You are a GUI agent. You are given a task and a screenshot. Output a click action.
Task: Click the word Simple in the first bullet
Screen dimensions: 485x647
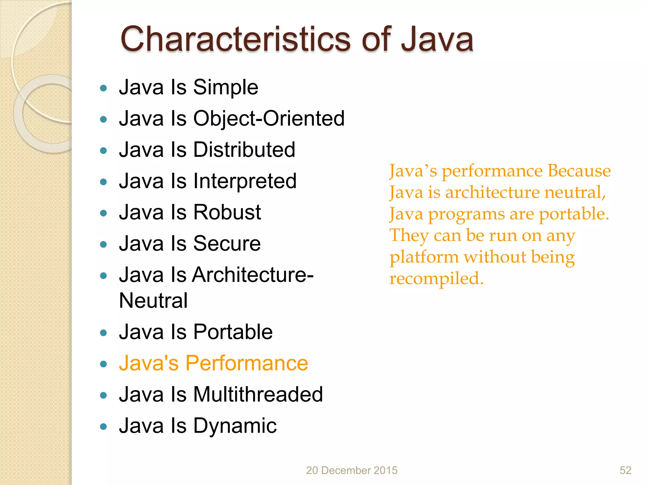(x=226, y=87)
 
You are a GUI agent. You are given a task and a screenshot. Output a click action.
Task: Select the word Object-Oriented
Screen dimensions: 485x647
(x=269, y=118)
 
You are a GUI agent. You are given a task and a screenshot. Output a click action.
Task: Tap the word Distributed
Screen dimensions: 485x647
(x=244, y=150)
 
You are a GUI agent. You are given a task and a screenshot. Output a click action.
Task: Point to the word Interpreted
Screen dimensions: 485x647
(x=245, y=181)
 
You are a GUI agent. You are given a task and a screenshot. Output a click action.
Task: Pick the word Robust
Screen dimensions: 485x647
(x=227, y=212)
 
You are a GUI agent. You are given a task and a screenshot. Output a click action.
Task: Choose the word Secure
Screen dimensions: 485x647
(x=227, y=243)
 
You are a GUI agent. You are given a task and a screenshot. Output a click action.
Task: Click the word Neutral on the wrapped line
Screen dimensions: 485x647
(x=153, y=300)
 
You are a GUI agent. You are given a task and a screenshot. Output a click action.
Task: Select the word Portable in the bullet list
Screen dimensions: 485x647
(x=233, y=332)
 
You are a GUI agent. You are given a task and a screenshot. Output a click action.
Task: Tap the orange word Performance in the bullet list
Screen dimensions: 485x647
(x=246, y=363)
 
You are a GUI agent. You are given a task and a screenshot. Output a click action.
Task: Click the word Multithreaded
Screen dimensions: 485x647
(x=258, y=394)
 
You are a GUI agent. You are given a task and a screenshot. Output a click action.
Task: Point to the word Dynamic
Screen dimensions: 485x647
(x=235, y=426)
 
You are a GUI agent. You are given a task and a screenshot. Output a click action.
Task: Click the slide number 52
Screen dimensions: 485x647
(x=625, y=470)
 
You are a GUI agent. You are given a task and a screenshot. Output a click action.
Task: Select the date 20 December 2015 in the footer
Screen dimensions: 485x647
(x=352, y=470)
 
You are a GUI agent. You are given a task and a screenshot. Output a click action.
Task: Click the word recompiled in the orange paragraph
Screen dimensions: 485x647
(x=436, y=278)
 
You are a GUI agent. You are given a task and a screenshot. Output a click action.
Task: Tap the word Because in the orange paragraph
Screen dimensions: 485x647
(x=579, y=171)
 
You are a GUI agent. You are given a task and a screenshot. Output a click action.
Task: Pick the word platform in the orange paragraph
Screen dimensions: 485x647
(x=424, y=257)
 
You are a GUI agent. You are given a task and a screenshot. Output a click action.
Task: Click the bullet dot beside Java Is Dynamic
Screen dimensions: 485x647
(x=103, y=427)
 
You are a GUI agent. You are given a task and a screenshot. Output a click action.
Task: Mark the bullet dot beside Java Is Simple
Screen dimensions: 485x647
(x=103, y=88)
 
